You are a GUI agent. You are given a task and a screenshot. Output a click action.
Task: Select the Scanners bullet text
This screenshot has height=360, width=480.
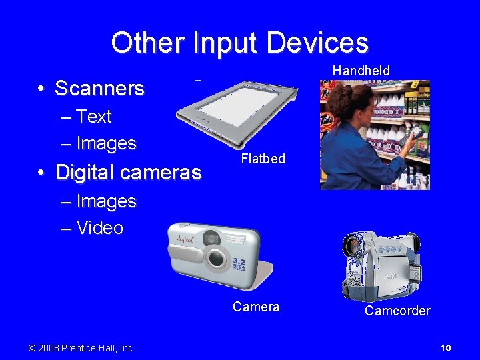point(99,88)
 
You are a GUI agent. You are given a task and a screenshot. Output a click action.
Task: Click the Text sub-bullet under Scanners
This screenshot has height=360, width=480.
point(93,117)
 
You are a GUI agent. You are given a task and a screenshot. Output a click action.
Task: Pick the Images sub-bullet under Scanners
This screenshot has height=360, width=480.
point(106,143)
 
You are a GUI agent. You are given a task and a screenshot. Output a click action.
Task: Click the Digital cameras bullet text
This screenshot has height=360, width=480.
point(128,173)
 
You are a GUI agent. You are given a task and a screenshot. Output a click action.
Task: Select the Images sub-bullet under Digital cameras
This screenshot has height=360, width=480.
point(106,201)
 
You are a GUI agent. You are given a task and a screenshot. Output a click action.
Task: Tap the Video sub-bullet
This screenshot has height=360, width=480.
point(99,228)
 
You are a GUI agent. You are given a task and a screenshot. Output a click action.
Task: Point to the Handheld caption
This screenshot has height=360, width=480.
point(361,71)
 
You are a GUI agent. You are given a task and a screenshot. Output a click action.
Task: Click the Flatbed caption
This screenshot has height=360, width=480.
point(263,159)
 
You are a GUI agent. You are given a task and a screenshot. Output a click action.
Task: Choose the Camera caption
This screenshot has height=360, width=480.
point(256,307)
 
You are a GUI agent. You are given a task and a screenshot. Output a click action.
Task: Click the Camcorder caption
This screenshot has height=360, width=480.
point(397,311)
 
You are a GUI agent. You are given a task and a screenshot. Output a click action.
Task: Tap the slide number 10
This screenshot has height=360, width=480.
point(446,348)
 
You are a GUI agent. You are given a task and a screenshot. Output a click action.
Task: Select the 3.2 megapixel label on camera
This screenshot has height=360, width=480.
point(239,265)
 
